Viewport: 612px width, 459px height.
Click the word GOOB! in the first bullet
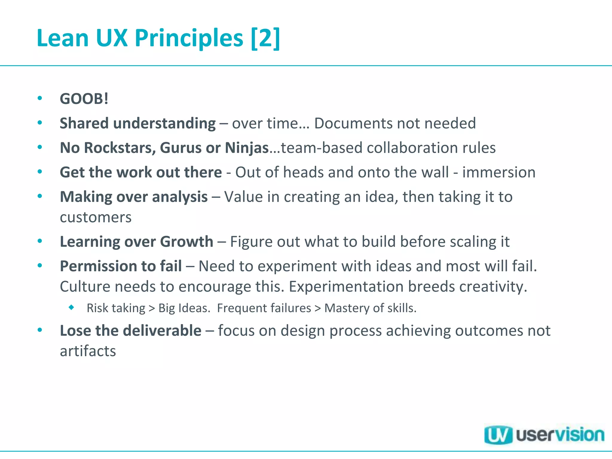point(84,99)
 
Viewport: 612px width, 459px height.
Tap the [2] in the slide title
point(265,38)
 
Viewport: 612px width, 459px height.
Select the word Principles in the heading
point(189,38)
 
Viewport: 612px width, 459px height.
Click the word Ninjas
point(247,148)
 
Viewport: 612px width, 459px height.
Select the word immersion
point(499,172)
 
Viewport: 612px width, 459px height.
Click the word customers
point(96,217)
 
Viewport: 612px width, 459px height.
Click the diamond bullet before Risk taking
point(71,307)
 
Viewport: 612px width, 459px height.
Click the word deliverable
point(162,331)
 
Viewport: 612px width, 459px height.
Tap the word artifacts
point(88,351)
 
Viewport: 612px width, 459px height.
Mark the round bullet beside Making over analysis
point(40,196)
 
